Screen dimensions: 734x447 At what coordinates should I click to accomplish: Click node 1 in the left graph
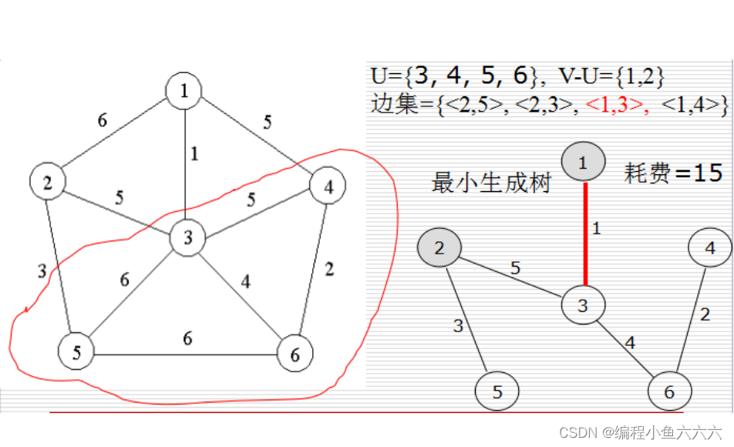[x=183, y=91]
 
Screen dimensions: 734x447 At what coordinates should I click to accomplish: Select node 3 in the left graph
[x=187, y=238]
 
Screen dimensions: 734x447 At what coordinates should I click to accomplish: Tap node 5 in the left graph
[x=77, y=353]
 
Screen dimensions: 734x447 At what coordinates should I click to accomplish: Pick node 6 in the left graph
[x=296, y=354]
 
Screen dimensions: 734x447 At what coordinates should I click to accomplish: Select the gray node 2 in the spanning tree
[x=439, y=248]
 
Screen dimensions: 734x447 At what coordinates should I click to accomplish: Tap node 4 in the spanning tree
[x=709, y=249]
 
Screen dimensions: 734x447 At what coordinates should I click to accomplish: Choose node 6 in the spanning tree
[x=668, y=392]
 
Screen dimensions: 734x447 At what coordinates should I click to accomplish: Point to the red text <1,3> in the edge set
[x=618, y=106]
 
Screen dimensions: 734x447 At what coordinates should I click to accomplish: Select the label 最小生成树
[x=491, y=183]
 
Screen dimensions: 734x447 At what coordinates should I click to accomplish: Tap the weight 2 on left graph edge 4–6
[x=329, y=269]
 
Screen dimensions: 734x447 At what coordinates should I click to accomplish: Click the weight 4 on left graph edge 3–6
[x=245, y=282]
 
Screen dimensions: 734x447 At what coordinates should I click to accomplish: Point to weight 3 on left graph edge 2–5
[x=43, y=271]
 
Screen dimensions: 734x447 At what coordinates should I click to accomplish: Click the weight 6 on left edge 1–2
[x=102, y=120]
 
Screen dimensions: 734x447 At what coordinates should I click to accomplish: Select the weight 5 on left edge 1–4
[x=267, y=121]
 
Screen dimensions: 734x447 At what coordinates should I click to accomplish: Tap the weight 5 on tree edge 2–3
[x=513, y=267]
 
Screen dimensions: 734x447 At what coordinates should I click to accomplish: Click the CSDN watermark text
[x=640, y=432]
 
